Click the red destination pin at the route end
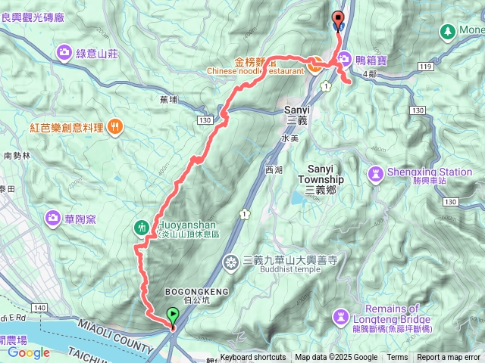338,20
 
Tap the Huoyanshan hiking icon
142,226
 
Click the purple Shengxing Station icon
374,175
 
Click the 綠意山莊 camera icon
63,52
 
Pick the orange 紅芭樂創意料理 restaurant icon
115,126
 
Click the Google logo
29,352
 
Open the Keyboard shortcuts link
253,358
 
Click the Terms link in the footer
397,358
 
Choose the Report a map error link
449,358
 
